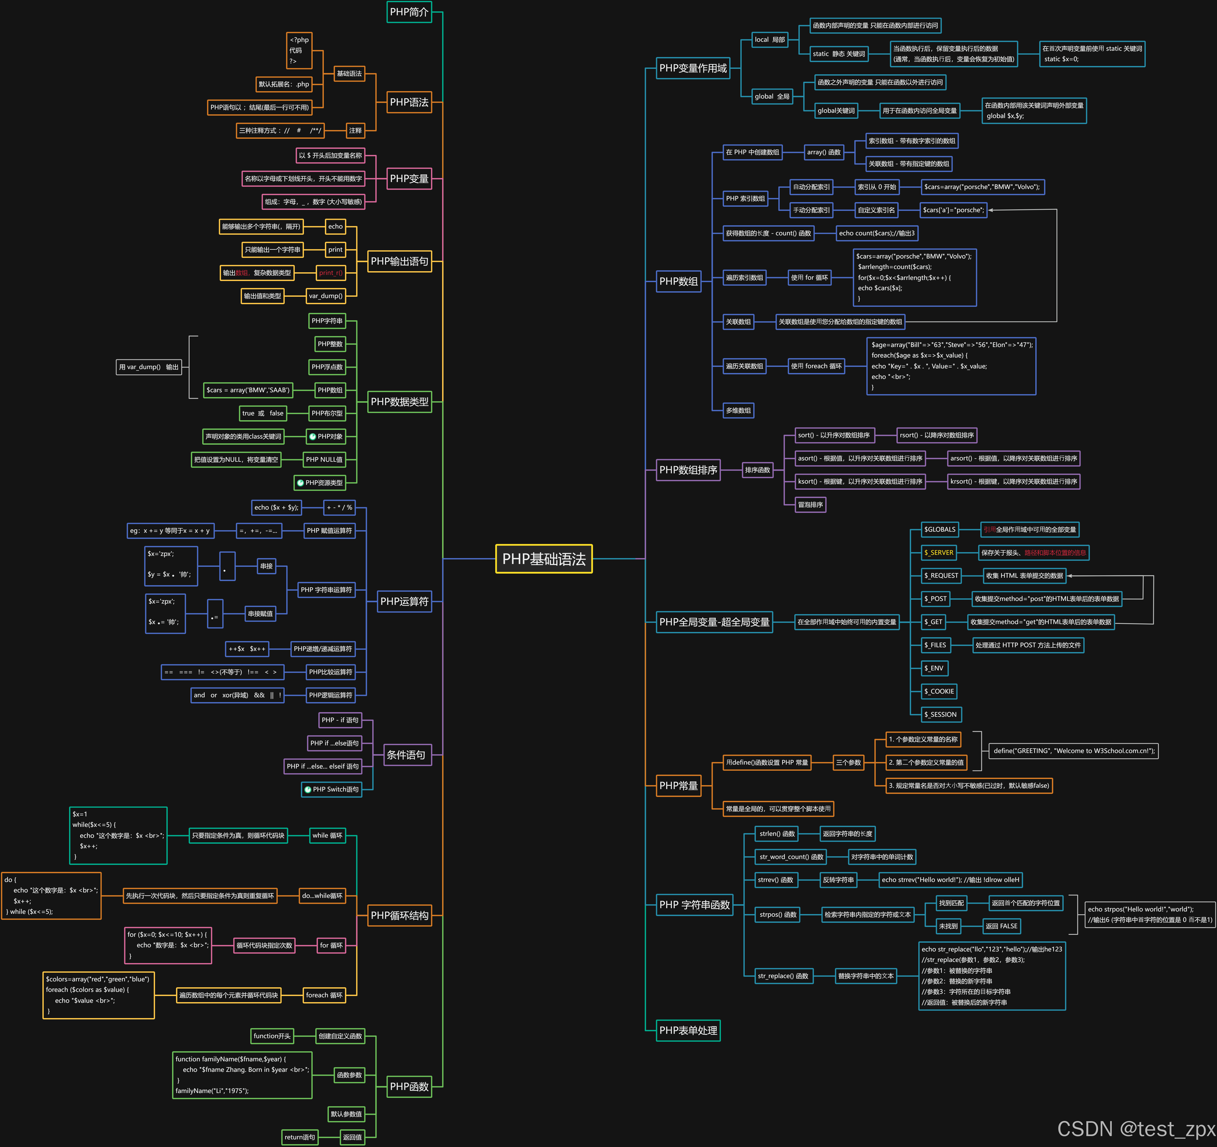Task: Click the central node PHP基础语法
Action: [x=544, y=559]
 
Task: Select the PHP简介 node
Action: [x=409, y=12]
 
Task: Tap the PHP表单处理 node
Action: [x=688, y=1030]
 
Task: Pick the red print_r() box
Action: [x=331, y=273]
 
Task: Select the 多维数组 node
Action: [x=738, y=410]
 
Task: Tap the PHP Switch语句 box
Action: [x=332, y=789]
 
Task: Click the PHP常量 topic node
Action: [x=678, y=786]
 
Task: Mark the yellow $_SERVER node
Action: [x=938, y=552]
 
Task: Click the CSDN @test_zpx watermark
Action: [x=1136, y=1129]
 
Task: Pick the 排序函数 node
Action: [x=757, y=470]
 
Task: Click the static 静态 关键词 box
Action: [x=839, y=54]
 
